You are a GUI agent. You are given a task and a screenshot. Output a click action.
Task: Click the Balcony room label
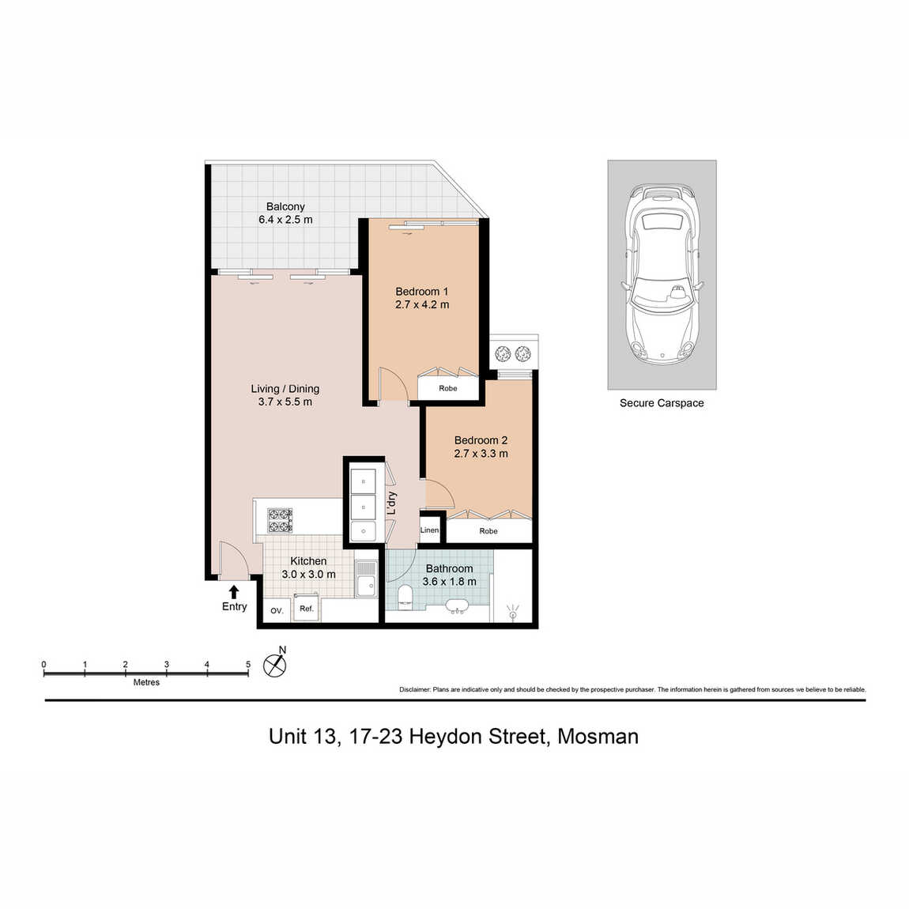click(x=285, y=206)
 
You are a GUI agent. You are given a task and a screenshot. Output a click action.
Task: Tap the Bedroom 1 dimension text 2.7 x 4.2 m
click(x=422, y=305)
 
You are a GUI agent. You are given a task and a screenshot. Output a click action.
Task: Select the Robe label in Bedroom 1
click(x=448, y=388)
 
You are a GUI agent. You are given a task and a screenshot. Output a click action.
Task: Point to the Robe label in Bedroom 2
click(x=488, y=531)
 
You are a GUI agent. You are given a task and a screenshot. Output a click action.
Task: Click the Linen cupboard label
click(x=429, y=530)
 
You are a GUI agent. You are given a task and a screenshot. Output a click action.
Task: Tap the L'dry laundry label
click(x=393, y=504)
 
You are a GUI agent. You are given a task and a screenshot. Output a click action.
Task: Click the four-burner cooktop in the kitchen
click(x=280, y=520)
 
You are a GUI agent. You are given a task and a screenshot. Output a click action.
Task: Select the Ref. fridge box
click(x=306, y=608)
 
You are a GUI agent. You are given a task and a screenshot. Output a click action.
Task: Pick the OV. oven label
click(x=277, y=610)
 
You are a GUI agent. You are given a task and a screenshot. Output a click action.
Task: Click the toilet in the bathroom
click(x=405, y=597)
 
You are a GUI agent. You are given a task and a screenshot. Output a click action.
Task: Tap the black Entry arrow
click(x=234, y=592)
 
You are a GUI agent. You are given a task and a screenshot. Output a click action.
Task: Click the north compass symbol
click(x=275, y=664)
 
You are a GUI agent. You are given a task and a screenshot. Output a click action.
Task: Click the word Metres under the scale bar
click(x=146, y=682)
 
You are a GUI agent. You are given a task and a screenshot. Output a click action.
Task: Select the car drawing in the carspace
click(x=662, y=275)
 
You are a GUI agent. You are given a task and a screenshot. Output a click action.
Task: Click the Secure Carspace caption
click(x=662, y=403)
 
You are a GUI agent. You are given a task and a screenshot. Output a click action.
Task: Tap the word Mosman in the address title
click(x=598, y=736)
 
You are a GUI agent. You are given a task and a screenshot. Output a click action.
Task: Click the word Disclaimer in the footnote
click(x=415, y=690)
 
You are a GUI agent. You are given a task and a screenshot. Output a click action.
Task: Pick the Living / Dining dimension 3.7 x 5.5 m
click(x=285, y=402)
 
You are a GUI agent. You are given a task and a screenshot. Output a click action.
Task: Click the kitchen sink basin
click(x=366, y=586)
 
